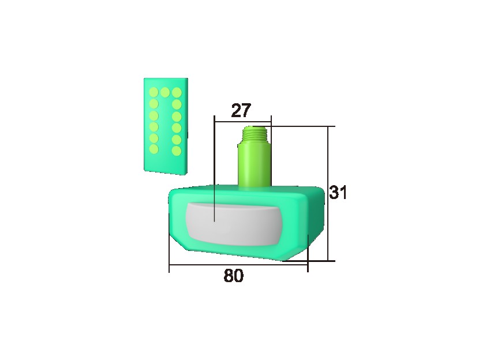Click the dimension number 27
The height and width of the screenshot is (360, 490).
[241, 110]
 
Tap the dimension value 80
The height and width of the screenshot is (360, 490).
[233, 276]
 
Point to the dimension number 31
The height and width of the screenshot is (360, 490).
[338, 193]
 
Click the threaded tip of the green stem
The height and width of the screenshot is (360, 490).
[255, 136]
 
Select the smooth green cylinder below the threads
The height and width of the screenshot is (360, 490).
[255, 166]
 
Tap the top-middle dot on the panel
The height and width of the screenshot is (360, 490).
[165, 92]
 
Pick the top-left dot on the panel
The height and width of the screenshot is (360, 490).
[154, 92]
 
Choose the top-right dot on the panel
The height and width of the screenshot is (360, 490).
[177, 92]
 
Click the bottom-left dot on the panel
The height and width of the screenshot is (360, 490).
[154, 148]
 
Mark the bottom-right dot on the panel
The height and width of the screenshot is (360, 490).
[177, 151]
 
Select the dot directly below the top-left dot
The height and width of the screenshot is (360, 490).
[154, 104]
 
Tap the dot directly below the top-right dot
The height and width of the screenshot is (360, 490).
[177, 105]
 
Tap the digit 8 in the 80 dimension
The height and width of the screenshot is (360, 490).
[229, 276]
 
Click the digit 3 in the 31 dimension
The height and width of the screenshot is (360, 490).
[334, 193]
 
